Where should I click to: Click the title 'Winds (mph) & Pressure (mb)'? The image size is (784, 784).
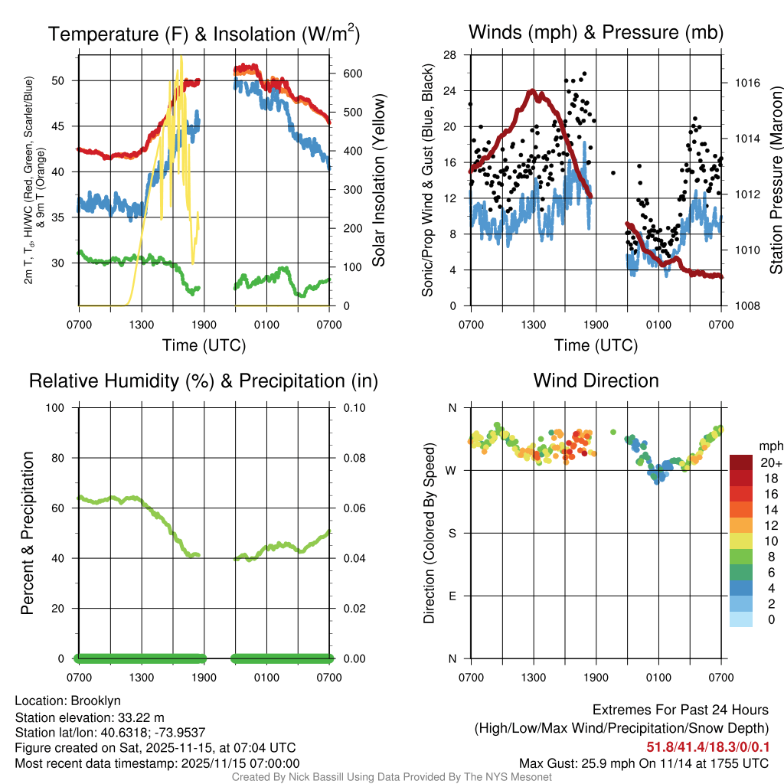(x=596, y=32)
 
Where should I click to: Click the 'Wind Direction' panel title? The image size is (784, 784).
(x=596, y=381)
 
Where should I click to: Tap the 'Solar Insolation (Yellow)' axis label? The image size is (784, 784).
(x=378, y=181)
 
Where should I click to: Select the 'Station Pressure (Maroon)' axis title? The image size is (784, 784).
(x=775, y=181)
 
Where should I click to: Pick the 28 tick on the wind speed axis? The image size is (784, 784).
(x=449, y=54)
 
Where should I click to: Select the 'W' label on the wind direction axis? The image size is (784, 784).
(x=452, y=470)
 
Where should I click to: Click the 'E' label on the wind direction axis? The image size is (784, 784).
(x=452, y=596)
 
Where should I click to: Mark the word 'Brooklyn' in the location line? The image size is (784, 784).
(x=96, y=701)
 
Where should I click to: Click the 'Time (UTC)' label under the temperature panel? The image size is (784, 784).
(x=204, y=345)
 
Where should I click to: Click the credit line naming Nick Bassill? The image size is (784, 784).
(x=391, y=777)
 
